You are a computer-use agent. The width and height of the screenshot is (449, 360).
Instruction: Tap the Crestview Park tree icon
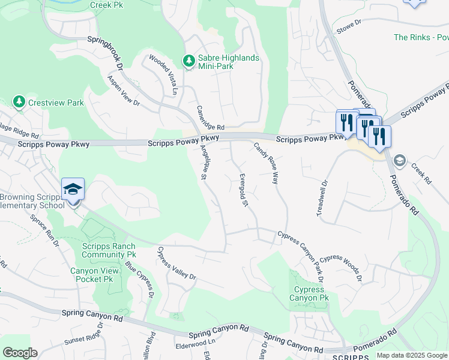click(19, 103)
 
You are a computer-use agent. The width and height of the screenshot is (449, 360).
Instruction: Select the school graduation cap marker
click(73, 189)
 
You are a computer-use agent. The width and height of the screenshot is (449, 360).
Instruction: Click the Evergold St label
click(243, 190)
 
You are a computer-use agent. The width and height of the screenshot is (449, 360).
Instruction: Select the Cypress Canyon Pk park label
click(309, 293)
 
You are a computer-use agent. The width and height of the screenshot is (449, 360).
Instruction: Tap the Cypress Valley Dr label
click(177, 263)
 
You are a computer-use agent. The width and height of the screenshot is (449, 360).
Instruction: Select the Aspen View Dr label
click(123, 91)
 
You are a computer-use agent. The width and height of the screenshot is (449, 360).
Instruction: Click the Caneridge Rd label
click(211, 119)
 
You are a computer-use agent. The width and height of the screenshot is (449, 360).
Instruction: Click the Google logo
click(20, 353)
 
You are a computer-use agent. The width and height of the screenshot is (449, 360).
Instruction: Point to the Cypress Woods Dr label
click(340, 268)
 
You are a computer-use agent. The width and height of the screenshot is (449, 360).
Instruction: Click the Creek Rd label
click(421, 172)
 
